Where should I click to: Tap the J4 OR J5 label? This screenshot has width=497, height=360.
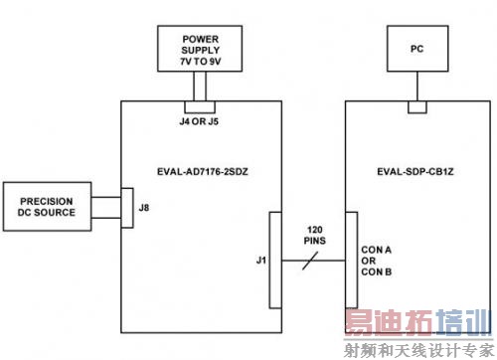[200, 123]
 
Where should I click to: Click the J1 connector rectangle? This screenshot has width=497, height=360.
[273, 261]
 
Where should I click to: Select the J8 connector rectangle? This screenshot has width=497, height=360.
[126, 208]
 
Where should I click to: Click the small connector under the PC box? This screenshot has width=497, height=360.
[416, 106]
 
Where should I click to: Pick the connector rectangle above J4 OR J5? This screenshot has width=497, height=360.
[200, 106]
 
